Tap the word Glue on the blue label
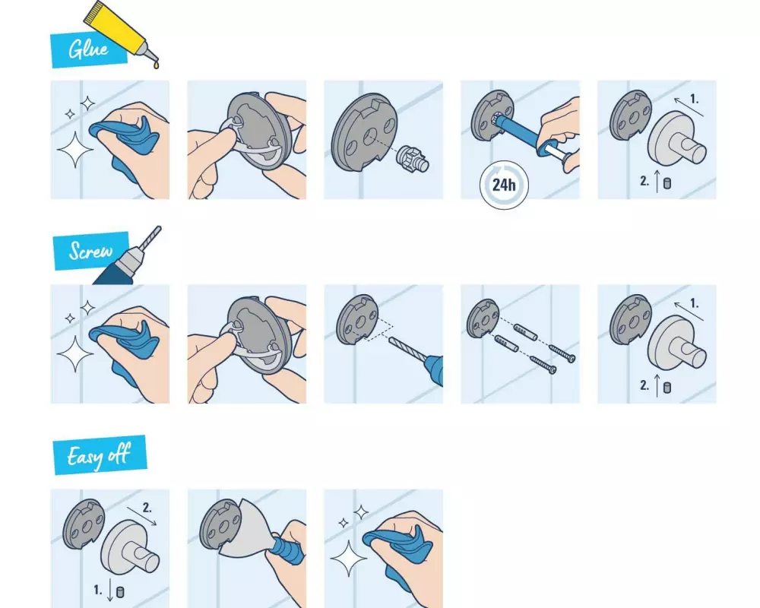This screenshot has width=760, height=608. click(x=88, y=49)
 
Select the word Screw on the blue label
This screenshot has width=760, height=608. click(x=90, y=251)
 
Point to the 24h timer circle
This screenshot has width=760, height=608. click(x=504, y=185)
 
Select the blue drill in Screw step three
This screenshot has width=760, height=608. click(x=434, y=370)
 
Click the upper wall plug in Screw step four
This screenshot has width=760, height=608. click(x=525, y=332)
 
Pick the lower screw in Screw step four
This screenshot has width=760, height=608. click(x=543, y=365)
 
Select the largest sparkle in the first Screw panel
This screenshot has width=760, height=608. click(x=75, y=354)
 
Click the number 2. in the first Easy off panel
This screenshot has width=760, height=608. click(x=147, y=508)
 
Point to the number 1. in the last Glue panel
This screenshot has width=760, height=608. click(x=694, y=100)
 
